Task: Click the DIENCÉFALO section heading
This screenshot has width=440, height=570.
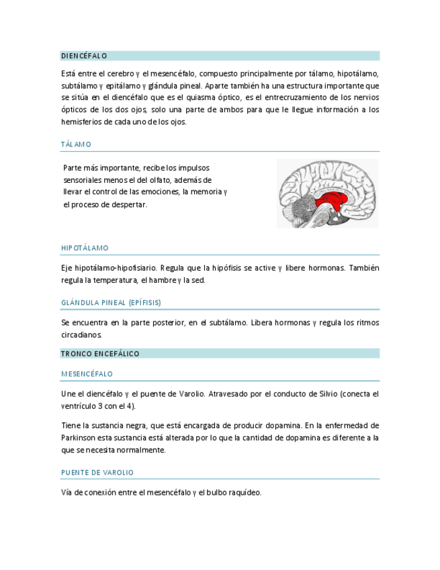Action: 84,56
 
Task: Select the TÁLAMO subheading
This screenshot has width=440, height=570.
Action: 76,145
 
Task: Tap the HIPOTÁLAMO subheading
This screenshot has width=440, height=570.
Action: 85,248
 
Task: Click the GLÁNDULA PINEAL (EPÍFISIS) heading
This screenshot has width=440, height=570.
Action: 111,302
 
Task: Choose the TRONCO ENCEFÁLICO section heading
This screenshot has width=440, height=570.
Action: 100,354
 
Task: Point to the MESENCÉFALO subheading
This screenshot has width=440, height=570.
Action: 87,374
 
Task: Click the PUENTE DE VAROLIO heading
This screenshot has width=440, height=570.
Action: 97,473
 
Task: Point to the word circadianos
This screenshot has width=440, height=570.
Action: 81,334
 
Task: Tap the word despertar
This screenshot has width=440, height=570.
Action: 128,204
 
